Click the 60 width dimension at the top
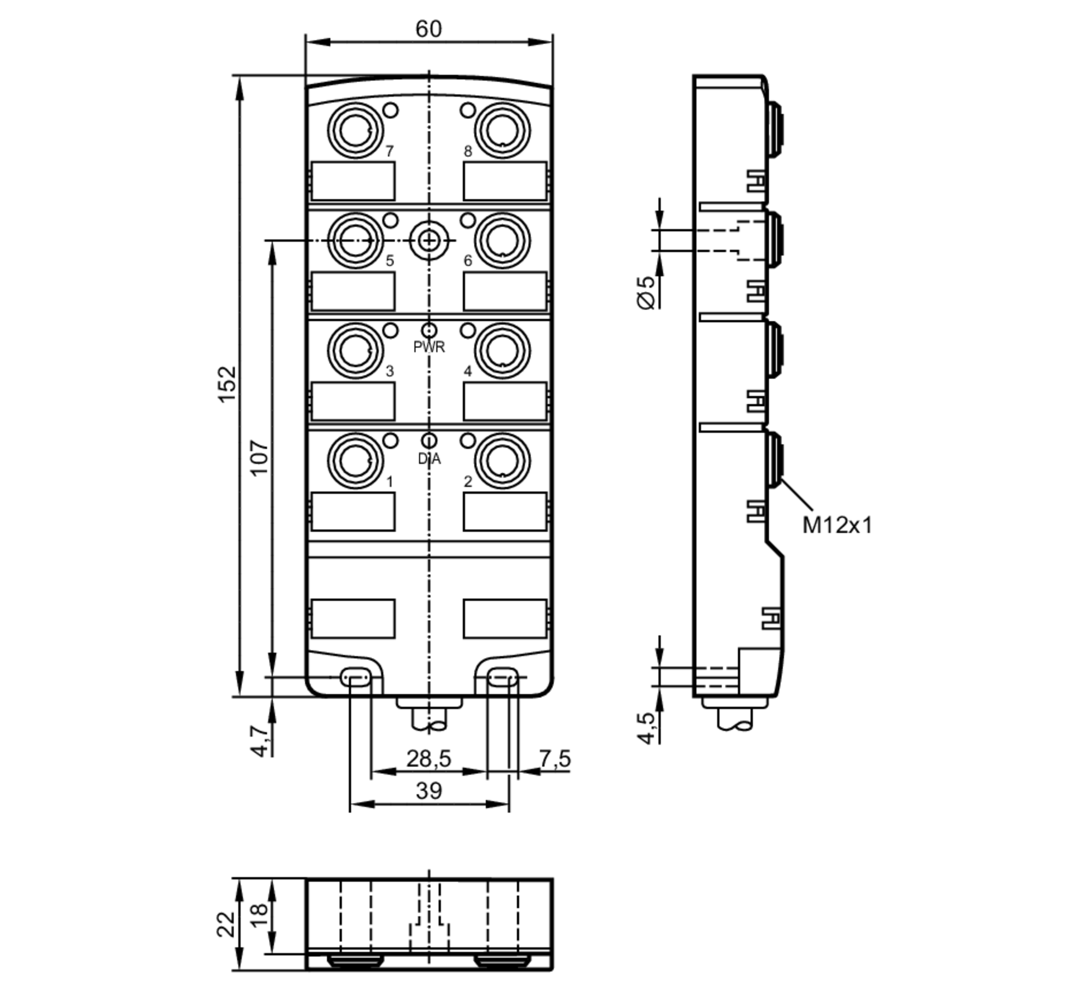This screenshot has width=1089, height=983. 429,29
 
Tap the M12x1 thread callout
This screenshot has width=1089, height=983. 837,526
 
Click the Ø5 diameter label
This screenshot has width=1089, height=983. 646,292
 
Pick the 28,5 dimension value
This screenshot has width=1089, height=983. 429,759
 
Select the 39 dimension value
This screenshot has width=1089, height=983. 429,791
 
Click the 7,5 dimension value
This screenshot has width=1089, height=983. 555,759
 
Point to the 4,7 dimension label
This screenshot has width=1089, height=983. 260,741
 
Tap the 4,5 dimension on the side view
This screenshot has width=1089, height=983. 646,728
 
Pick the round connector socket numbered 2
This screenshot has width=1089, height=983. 502,461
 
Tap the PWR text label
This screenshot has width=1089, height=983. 429,347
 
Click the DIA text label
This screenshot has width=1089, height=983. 429,459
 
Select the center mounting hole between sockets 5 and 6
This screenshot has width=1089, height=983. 429,240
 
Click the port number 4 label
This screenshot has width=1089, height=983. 467,371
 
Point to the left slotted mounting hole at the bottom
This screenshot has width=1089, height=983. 356,677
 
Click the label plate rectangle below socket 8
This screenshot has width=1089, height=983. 505,181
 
